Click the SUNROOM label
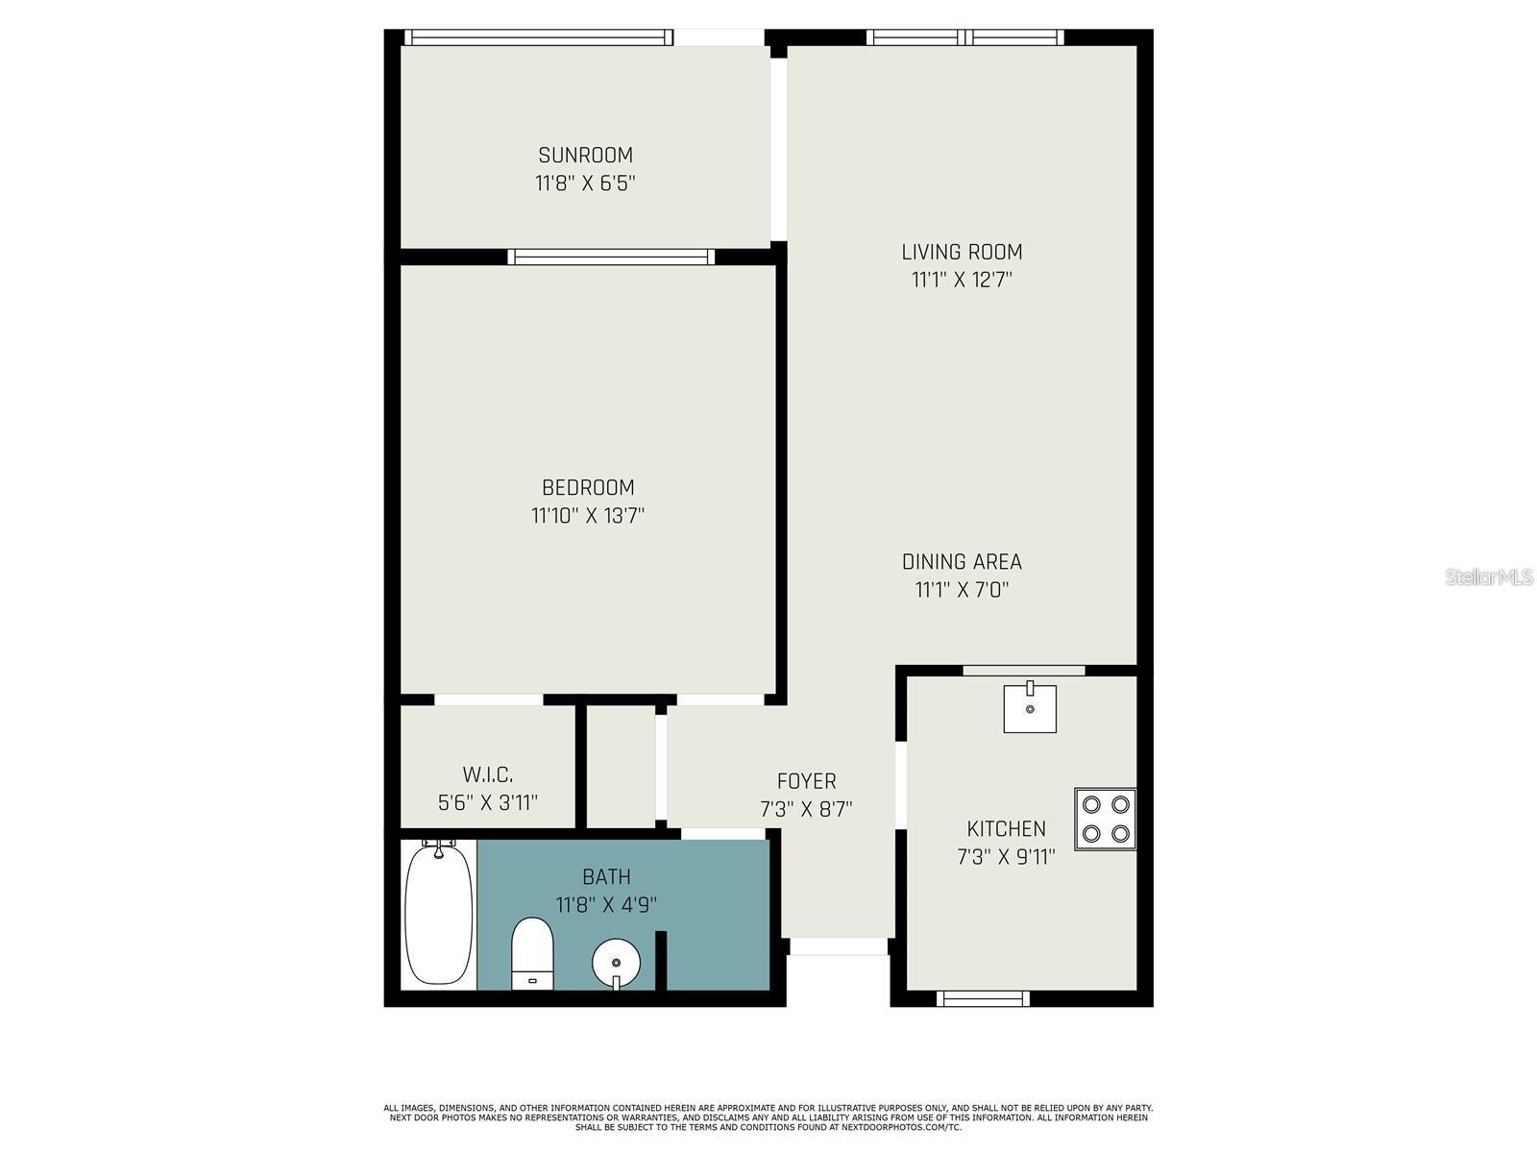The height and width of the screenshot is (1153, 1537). click(585, 155)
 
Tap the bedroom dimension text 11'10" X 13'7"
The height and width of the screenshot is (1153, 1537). click(587, 516)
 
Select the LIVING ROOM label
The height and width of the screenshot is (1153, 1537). click(962, 252)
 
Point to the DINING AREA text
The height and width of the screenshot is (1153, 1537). click(962, 561)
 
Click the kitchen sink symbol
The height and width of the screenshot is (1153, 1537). click(1030, 709)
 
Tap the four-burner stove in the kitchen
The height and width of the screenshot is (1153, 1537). click(1105, 819)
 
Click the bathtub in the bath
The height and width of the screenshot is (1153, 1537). click(439, 913)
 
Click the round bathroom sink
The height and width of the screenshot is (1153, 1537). click(616, 961)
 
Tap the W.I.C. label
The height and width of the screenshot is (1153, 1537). click(488, 774)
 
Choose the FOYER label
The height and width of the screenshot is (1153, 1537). click(806, 781)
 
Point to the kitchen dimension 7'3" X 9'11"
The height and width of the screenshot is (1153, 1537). click(1006, 857)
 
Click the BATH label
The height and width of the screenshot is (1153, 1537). click(606, 876)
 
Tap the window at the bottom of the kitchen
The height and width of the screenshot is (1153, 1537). click(983, 999)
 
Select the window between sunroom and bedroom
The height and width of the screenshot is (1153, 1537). click(611, 257)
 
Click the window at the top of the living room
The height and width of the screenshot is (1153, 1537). click(965, 37)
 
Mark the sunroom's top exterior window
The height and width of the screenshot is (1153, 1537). click(538, 37)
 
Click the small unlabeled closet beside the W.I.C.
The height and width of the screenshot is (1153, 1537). click(621, 767)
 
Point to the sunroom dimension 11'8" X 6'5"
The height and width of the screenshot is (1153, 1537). click(585, 184)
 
